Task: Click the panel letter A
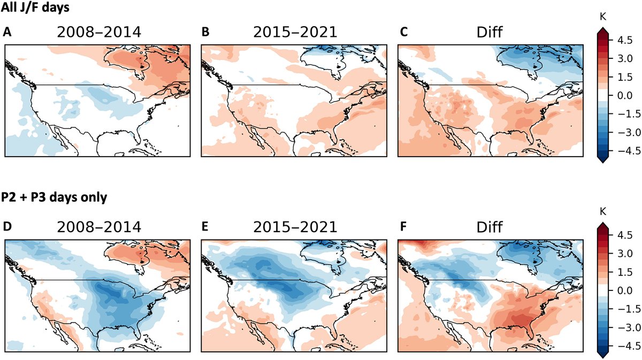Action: coord(7,33)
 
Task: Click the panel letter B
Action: coord(205,33)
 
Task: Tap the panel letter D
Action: coord(7,228)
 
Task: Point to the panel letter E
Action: coord(205,228)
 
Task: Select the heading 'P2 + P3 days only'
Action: coord(54,197)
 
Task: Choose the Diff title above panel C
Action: coord(491,32)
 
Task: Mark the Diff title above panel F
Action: coord(491,227)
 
